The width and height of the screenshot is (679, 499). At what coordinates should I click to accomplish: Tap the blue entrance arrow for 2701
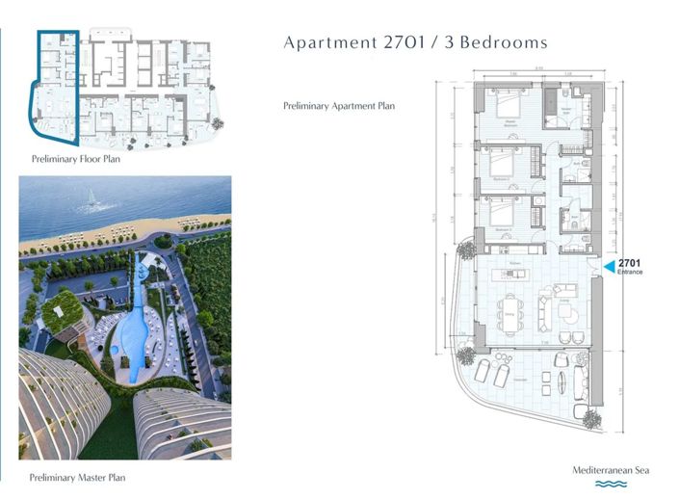[607, 263]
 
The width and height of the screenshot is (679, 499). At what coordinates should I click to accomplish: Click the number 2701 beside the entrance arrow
[629, 262]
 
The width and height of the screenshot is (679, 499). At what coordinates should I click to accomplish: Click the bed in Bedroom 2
[502, 163]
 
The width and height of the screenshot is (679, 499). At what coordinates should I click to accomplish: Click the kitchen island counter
[516, 276]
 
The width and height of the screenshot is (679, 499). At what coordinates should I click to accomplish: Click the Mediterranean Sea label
[611, 470]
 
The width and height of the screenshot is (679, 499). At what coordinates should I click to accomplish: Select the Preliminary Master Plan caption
[76, 477]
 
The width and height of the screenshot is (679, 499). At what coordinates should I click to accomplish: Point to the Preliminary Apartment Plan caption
[339, 105]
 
